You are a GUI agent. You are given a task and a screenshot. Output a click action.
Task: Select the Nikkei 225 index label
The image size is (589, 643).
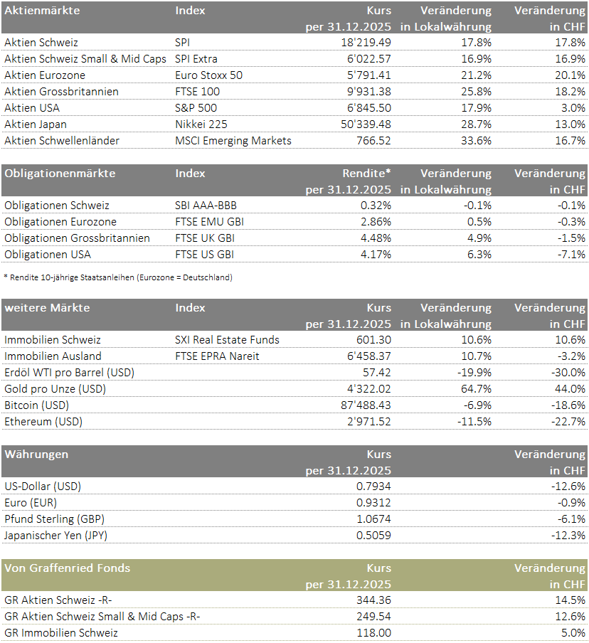click(x=201, y=124)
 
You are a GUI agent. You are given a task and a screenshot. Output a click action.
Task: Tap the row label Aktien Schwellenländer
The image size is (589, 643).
click(x=62, y=141)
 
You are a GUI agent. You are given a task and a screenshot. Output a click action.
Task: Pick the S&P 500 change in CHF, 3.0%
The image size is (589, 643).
click(x=573, y=108)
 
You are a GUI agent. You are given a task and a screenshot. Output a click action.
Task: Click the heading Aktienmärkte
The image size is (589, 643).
click(x=42, y=11)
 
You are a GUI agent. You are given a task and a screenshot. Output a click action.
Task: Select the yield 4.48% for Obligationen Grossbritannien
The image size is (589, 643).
click(x=376, y=238)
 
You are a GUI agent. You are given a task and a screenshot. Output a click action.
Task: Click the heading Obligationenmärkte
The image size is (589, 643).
click(x=60, y=174)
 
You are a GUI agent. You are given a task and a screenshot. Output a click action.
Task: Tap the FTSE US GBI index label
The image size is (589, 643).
click(x=204, y=255)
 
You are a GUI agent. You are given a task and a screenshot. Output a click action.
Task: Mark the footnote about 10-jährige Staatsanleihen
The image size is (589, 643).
click(x=118, y=277)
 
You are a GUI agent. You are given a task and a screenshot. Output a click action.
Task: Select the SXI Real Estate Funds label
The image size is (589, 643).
click(x=227, y=340)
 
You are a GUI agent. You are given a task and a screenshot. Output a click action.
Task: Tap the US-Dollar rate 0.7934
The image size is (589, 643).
click(x=373, y=487)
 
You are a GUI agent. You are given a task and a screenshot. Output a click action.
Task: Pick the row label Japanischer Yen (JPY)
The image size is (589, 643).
click(x=56, y=536)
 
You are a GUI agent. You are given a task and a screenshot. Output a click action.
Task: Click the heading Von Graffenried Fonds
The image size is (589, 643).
click(x=68, y=568)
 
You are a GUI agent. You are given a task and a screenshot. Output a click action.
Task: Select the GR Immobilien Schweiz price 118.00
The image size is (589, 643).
click(x=373, y=633)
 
